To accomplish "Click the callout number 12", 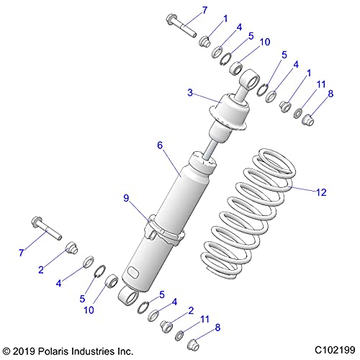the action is tap(321, 192).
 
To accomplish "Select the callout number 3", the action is tap(190, 92).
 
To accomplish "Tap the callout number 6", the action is tap(160, 145).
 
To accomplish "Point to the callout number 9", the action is tap(126, 198).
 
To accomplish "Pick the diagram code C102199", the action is tap(335, 350).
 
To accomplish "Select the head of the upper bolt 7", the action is tap(171, 19).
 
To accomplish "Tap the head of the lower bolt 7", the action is tap(37, 221).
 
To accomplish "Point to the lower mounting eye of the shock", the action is tap(129, 296).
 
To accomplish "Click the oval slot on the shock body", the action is tap(132, 272).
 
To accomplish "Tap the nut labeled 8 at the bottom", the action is tap(194, 345).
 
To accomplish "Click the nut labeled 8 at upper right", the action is tap(308, 120).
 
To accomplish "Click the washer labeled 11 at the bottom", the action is tap(179, 336).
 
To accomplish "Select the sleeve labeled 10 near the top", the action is tap(235, 68).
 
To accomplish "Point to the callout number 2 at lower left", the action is tap(41, 270).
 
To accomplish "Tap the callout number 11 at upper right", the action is tap(321, 84).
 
